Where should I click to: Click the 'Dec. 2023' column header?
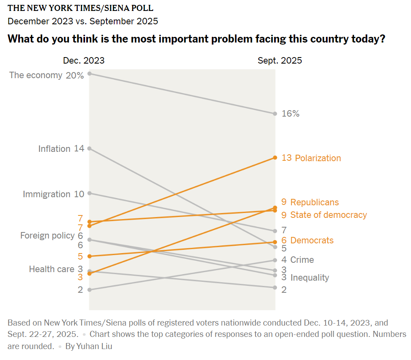pos(83,61)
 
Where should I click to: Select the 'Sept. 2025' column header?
pos(280,61)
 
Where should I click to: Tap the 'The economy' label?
pos(36,75)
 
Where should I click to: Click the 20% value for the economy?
pos(75,75)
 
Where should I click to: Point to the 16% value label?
pos(290,114)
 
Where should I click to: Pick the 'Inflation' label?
pos(54,149)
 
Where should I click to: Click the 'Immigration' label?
pos(47,194)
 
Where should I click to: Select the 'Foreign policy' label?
pos(47,235)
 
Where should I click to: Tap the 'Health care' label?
pos(51,269)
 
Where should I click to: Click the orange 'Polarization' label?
pos(318,158)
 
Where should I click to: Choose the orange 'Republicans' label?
pos(315,202)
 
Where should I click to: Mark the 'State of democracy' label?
pos(328,215)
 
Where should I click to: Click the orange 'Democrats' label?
pos(312,240)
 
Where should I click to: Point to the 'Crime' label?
pos(302,260)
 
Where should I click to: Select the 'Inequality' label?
pos(310,277)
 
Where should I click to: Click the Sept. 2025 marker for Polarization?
pos(275,158)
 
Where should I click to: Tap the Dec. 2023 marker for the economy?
pos(89,73)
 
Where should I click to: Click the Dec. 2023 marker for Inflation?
pos(89,148)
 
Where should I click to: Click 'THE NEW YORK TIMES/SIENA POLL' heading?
pos(80,8)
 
